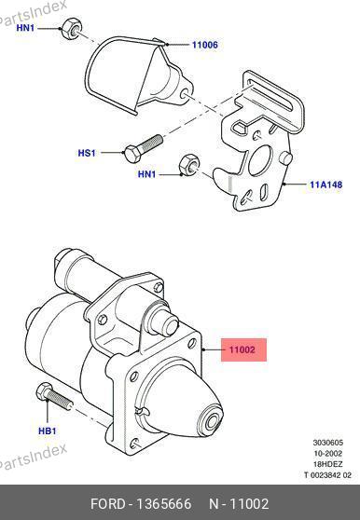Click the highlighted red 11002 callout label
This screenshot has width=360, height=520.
(x=243, y=349)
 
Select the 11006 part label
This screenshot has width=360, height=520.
(x=205, y=45)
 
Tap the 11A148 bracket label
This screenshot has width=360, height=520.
(x=325, y=185)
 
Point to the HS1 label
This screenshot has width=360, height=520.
(x=87, y=153)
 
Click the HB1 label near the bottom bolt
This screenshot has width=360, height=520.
(x=48, y=431)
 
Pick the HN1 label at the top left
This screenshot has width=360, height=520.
(x=25, y=28)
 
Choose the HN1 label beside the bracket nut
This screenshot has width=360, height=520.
(x=146, y=173)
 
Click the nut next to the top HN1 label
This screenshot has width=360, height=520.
(x=71, y=28)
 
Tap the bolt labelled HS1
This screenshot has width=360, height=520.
(x=143, y=148)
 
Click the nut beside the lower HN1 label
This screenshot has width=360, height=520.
(x=188, y=164)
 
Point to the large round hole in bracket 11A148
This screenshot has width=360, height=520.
(x=260, y=160)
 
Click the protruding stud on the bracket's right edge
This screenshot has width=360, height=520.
(x=286, y=157)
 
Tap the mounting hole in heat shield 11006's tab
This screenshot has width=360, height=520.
(x=185, y=94)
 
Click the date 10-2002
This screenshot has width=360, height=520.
(x=327, y=453)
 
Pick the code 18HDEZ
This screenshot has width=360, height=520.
(x=327, y=464)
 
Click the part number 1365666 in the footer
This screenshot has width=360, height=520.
(x=164, y=504)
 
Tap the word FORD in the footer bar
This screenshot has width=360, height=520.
(x=108, y=504)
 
